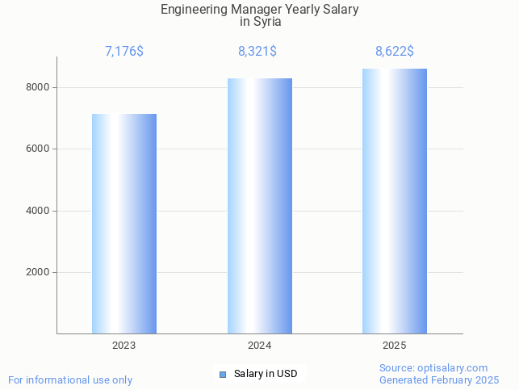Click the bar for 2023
click(x=124, y=224)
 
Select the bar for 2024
click(x=259, y=206)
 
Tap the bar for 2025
click(x=395, y=201)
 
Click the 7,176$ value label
click(x=124, y=52)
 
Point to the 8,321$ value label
click(x=257, y=52)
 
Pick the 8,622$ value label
click(x=395, y=52)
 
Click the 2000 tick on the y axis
click(x=39, y=273)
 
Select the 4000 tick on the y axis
click(x=39, y=211)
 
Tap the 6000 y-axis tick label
click(x=39, y=149)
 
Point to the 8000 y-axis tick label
click(x=39, y=87)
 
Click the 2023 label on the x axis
click(x=124, y=346)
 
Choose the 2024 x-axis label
click(x=259, y=346)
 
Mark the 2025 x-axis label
click(x=395, y=346)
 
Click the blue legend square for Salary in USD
click(x=223, y=374)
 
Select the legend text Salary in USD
click(x=266, y=374)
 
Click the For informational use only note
click(x=70, y=380)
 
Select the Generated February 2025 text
click(x=439, y=380)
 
